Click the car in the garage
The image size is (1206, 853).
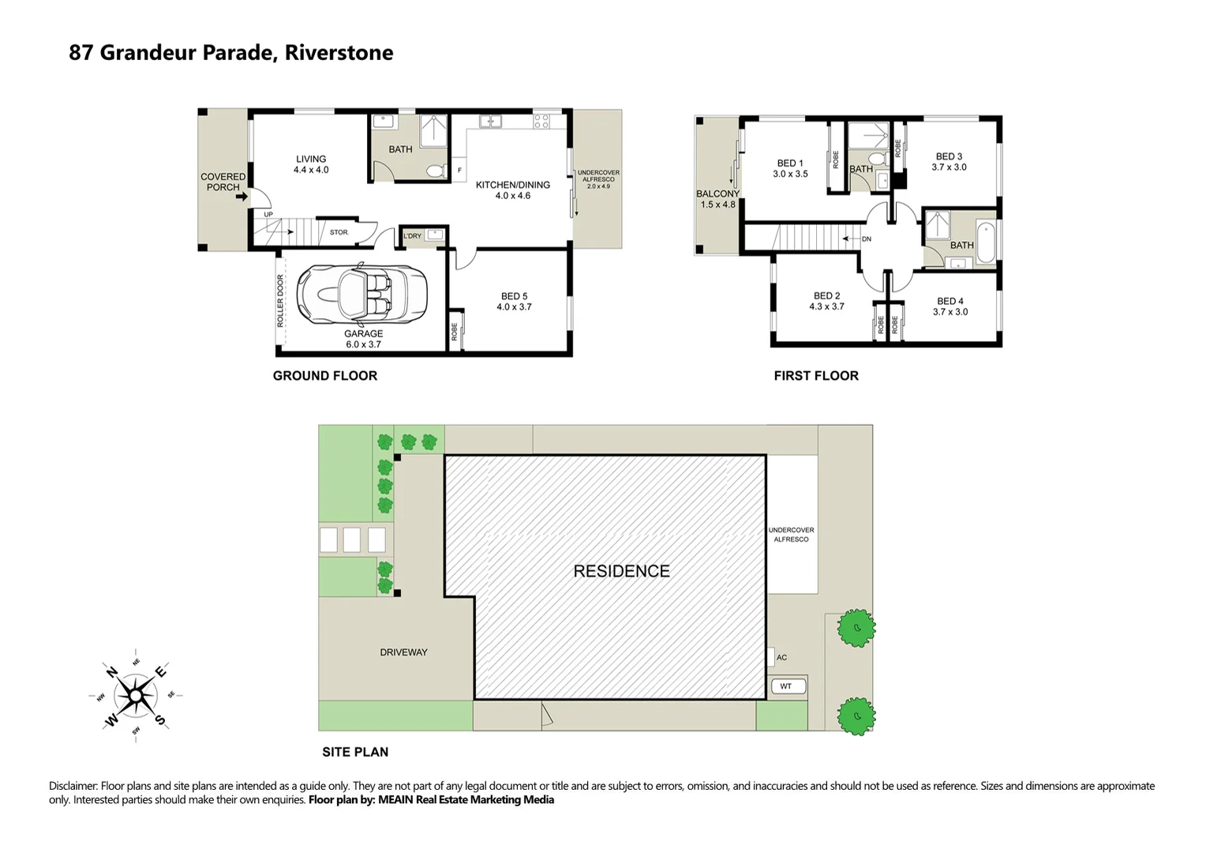361,294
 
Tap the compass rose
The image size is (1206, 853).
136,696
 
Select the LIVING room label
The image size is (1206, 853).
311,159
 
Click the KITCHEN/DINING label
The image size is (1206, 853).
512,185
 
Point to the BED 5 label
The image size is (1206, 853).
514,296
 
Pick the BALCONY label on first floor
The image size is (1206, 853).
717,194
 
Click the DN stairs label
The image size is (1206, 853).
867,239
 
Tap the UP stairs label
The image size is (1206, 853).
268,214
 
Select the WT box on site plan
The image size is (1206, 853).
786,686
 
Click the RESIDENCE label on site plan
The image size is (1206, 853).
621,571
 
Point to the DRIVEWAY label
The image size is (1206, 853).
403,652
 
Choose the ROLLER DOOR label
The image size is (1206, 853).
280,301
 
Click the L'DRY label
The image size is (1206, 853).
412,236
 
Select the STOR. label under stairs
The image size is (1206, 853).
339,232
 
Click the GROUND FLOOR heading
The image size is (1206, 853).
324,376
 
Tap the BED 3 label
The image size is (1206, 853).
949,156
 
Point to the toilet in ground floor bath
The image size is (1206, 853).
433,171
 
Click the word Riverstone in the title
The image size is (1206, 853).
339,53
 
